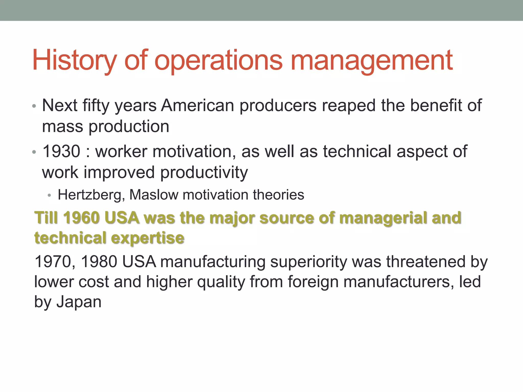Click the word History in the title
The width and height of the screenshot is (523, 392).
(x=74, y=61)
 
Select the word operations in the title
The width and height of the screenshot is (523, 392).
(x=218, y=61)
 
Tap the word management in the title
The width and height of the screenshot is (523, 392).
(x=372, y=61)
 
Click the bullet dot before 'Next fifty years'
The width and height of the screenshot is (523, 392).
(x=34, y=106)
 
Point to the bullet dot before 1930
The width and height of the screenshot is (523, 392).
(x=34, y=152)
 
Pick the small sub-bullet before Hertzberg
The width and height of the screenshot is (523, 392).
(x=50, y=196)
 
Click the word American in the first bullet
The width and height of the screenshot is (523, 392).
(x=197, y=105)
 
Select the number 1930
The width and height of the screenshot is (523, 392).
(x=61, y=151)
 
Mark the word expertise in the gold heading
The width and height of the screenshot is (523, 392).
(x=148, y=238)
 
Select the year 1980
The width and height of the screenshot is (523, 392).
(x=99, y=262)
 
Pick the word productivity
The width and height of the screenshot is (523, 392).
(x=204, y=173)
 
